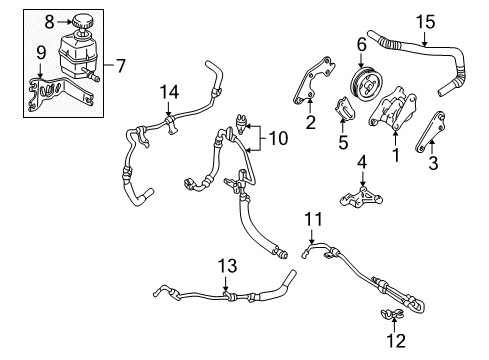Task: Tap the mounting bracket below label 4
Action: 362,196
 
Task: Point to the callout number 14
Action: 171,93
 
